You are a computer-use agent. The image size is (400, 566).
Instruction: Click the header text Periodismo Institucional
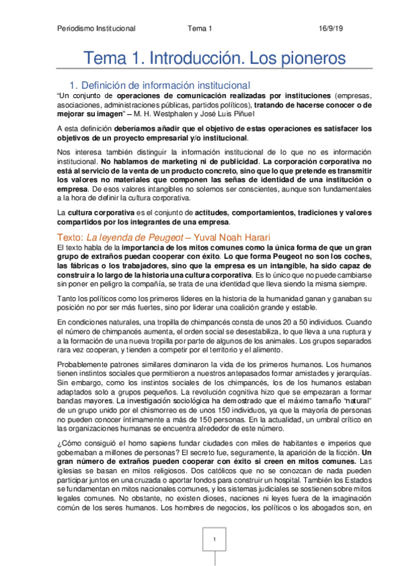[x=96, y=29]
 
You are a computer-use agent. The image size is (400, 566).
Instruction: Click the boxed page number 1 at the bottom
[x=214, y=539]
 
